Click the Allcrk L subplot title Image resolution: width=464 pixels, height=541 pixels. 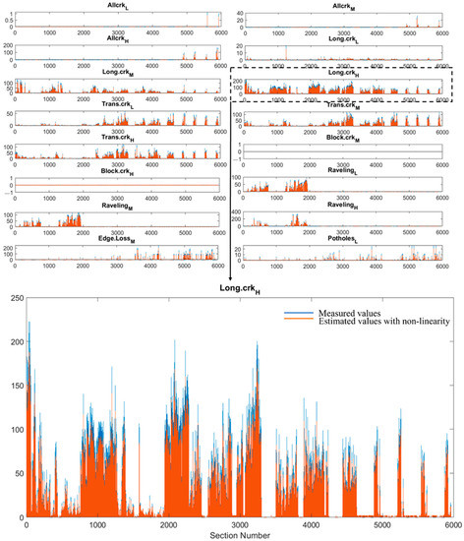coord(116,5)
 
